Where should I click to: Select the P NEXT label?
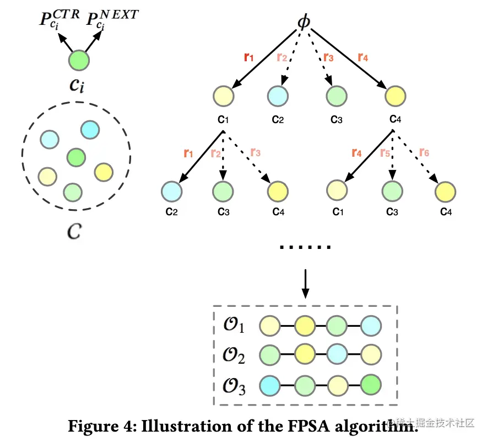pyautogui.click(x=111, y=20)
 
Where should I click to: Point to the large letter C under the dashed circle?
pyautogui.click(x=74, y=231)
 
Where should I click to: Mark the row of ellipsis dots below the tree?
pyautogui.click(x=305, y=247)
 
